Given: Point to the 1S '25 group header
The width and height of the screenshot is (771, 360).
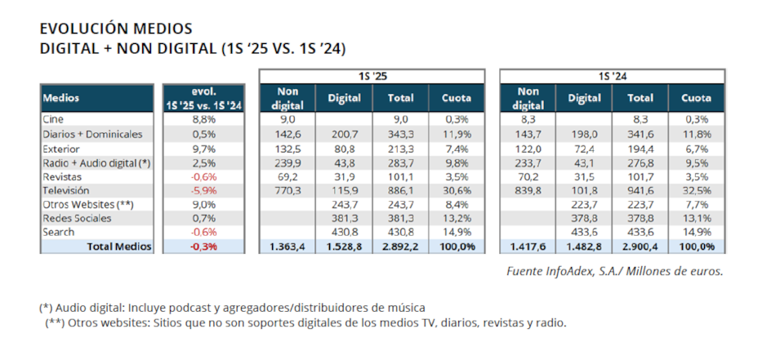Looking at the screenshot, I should tap(372, 77).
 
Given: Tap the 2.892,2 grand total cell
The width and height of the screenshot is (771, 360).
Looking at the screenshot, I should tap(399, 246).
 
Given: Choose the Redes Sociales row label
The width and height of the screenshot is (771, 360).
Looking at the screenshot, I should tap(78, 218).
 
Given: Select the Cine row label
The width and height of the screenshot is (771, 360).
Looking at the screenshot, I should tap(54, 119).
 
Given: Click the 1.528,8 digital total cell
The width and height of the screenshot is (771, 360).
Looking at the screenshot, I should tap(345, 246).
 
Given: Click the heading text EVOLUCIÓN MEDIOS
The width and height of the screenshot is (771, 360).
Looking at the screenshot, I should tap(116, 29).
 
